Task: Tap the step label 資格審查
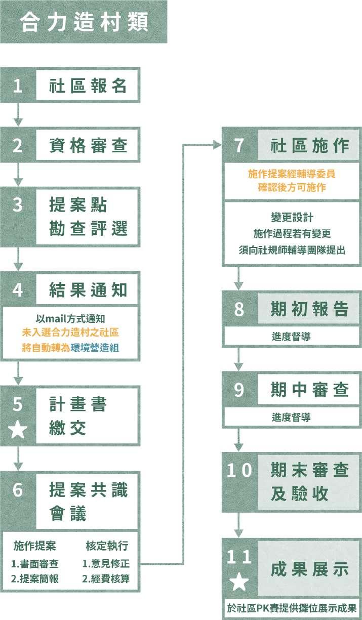coord(88,146)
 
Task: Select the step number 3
coord(18,205)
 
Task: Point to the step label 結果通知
coord(88,290)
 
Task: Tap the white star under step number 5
coord(18,430)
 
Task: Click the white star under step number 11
coord(239,582)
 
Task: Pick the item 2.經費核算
coord(106,578)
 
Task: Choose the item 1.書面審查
coord(35,563)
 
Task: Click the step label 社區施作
coord(310,146)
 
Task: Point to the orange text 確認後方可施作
coord(292,188)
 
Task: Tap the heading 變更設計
coord(292,218)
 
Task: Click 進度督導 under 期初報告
coord(291,336)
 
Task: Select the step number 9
coord(239,390)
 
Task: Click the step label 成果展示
coord(310,569)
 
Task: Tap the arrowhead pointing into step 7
coord(217,145)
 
